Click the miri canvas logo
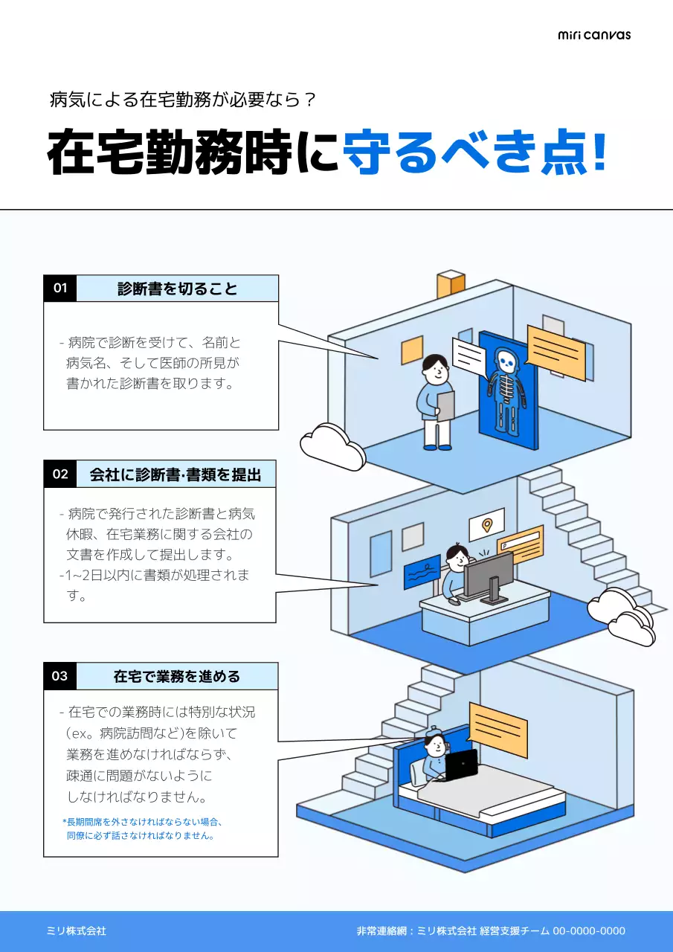pyautogui.click(x=593, y=34)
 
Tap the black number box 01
pyautogui.click(x=60, y=288)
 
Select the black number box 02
pyautogui.click(x=60, y=474)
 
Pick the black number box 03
pyautogui.click(x=60, y=676)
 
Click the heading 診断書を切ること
pyautogui.click(x=177, y=289)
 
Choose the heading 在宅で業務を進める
pyautogui.click(x=177, y=677)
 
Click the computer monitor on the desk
pyautogui.click(x=489, y=575)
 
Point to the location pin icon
pyautogui.click(x=487, y=525)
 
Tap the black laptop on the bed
pyautogui.click(x=461, y=765)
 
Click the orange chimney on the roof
pyautogui.click(x=451, y=284)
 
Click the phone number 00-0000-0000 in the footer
pyautogui.click(x=588, y=931)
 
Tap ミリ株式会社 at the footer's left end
pyautogui.click(x=77, y=931)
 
